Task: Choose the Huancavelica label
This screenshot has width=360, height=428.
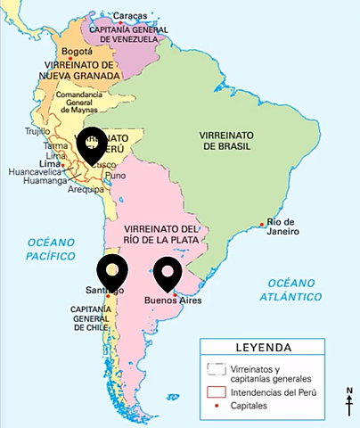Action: [x=33, y=172]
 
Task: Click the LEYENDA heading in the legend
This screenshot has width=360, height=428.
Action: [x=274, y=348]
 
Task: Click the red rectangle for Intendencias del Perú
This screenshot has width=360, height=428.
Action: [x=215, y=391]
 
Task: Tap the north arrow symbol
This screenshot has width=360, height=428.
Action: [x=350, y=402]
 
